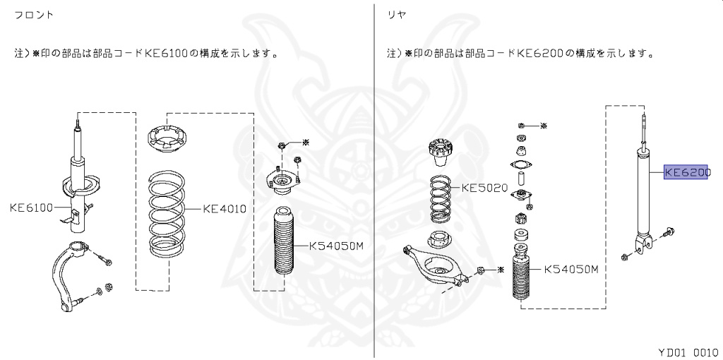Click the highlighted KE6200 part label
(x=686, y=171)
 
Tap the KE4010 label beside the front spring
(x=224, y=208)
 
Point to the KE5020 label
(x=485, y=188)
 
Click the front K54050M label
(x=335, y=246)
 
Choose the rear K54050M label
(x=570, y=269)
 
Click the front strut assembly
(x=78, y=184)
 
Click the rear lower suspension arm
(x=438, y=265)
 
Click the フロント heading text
(x=34, y=15)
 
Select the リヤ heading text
(x=396, y=15)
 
